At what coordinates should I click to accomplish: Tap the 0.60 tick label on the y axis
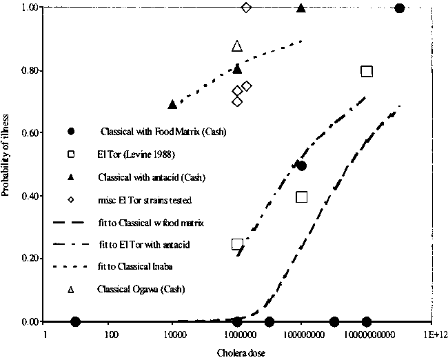tap(28, 133)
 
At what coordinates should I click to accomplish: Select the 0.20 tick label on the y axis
tap(28, 259)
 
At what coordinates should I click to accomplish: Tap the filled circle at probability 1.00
tap(399, 8)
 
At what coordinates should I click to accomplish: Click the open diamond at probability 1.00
tap(247, 8)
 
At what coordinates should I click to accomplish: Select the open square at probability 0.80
tap(367, 71)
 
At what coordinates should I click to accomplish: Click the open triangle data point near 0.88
tap(237, 46)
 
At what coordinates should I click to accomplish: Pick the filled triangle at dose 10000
tap(173, 104)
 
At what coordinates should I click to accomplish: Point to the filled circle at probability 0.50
tap(301, 166)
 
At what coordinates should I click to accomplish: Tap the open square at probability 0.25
tap(238, 244)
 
